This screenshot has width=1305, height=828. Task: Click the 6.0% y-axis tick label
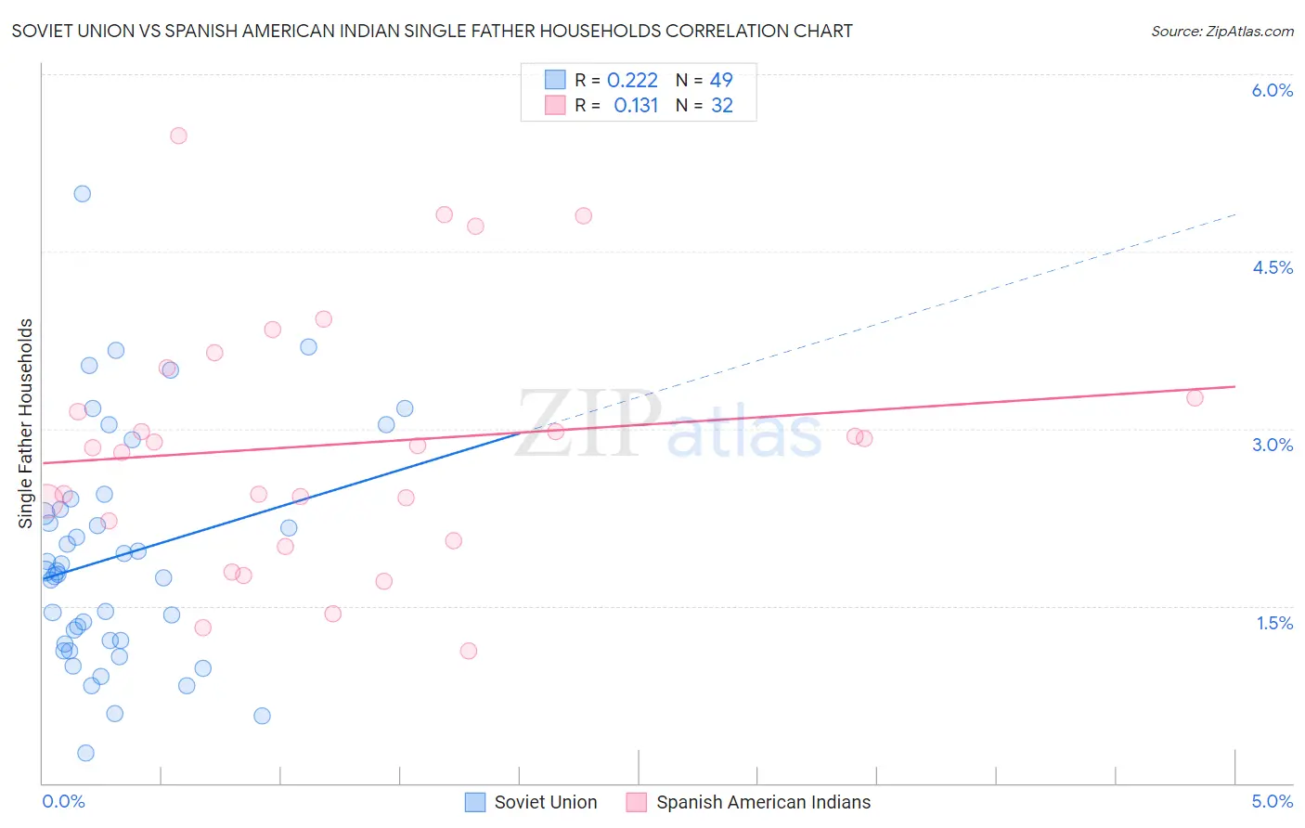[x=1272, y=90]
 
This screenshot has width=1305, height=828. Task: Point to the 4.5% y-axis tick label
[x=1272, y=267]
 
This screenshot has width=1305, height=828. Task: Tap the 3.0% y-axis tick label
[x=1272, y=445]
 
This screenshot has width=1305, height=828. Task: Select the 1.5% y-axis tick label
[x=1274, y=623]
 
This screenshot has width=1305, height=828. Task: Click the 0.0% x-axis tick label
[x=63, y=801]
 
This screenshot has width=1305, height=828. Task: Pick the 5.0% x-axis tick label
[x=1272, y=801]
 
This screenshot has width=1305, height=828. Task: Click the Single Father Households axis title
[x=25, y=423]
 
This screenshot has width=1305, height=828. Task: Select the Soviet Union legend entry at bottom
[x=532, y=802]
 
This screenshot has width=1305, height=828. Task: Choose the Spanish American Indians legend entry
[x=749, y=802]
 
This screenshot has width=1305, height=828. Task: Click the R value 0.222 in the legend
[x=632, y=81]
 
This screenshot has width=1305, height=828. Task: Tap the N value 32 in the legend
[x=721, y=106]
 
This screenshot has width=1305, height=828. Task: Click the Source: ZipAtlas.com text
[x=1221, y=31]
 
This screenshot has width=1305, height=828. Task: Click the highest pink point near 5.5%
[x=178, y=136]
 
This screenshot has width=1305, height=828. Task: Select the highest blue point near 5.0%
[x=83, y=194]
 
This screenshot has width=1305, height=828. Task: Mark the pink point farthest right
[x=1195, y=398]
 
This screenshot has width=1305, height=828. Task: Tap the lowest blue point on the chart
[x=85, y=753]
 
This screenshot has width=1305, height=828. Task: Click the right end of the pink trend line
[x=1235, y=386]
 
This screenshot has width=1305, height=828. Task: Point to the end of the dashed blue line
[x=1235, y=214]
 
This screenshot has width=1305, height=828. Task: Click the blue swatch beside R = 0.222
[x=555, y=80]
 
